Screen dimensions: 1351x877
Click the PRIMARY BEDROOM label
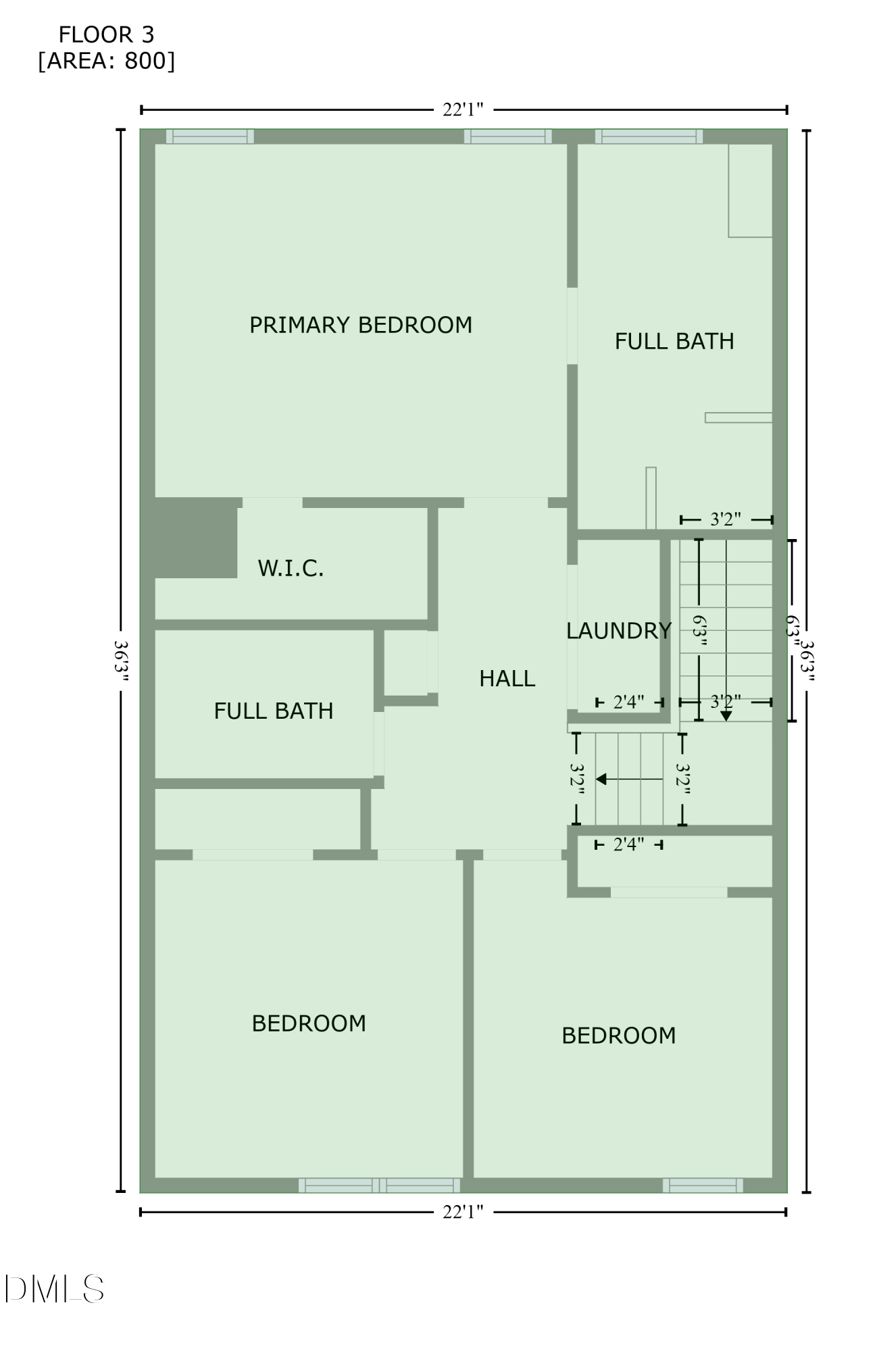click(361, 325)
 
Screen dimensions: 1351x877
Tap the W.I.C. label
click(291, 568)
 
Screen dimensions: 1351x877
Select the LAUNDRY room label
click(618, 631)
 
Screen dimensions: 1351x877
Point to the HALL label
click(507, 678)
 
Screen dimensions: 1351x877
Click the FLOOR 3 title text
click(106, 34)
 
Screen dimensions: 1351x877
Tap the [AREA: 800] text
click(106, 61)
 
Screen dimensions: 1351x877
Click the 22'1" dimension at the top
click(463, 109)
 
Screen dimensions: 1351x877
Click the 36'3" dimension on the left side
click(121, 661)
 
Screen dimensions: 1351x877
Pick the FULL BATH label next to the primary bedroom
click(674, 341)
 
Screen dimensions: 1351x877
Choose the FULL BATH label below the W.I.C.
click(273, 711)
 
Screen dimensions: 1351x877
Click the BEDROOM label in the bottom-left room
click(309, 1023)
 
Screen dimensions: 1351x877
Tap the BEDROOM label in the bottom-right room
click(618, 1036)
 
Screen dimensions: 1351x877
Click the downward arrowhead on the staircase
click(726, 716)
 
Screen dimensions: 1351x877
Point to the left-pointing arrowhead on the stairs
click(601, 779)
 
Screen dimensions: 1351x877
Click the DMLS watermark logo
click(54, 1289)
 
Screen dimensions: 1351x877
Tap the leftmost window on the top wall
click(210, 136)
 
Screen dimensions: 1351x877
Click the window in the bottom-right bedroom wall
click(703, 1186)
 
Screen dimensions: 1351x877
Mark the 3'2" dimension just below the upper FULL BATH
click(726, 519)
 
